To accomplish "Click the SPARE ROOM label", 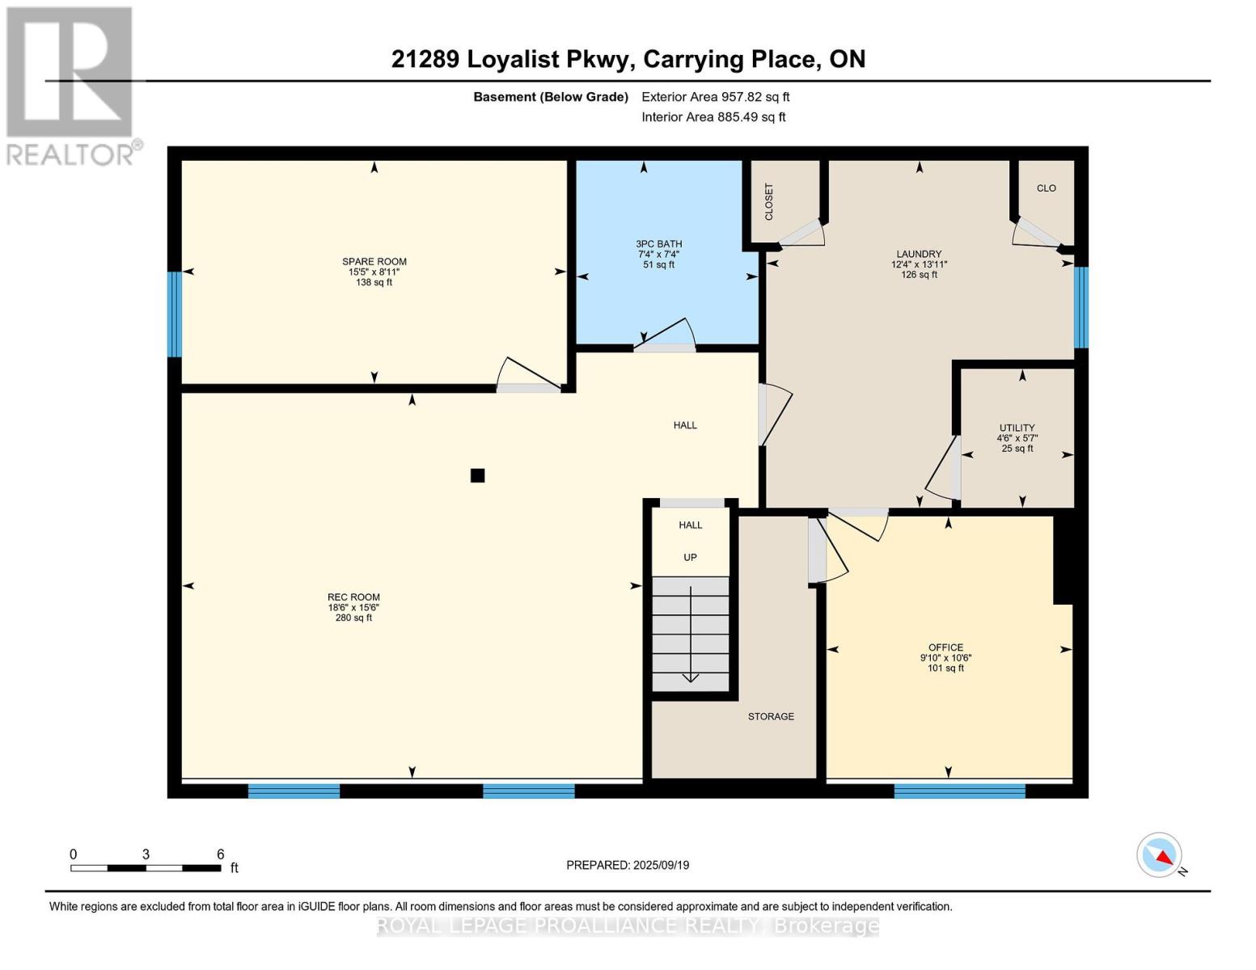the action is (x=374, y=262).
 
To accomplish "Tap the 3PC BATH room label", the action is (x=658, y=244).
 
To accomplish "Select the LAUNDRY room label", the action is (x=919, y=254).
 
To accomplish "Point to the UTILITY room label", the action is (x=1017, y=428).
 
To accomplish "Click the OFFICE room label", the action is (x=945, y=647).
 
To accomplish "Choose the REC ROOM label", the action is (x=353, y=597).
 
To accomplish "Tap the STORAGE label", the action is (x=771, y=716).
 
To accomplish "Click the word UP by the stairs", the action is (x=690, y=558).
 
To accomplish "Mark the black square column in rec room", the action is (x=477, y=475).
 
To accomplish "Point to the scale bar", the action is (x=146, y=868).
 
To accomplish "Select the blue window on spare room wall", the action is (x=174, y=314).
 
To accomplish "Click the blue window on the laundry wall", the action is (x=1080, y=307).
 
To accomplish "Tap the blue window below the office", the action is (x=959, y=791).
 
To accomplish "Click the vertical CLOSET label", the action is (x=769, y=201).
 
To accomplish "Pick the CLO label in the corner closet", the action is (x=1047, y=188).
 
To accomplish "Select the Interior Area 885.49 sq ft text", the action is (x=713, y=117).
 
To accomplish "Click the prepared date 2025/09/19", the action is (x=661, y=865).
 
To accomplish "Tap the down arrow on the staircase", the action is (x=691, y=635).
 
